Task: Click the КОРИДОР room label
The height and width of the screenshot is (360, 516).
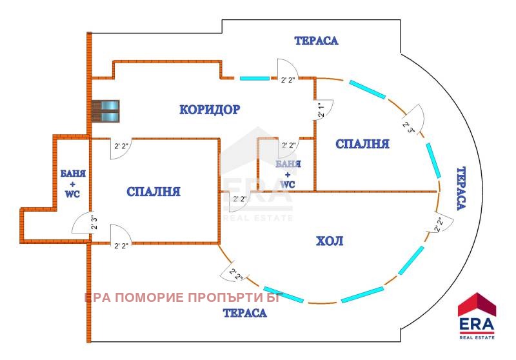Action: coord(210,110)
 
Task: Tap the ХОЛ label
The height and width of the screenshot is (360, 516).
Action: coord(329,241)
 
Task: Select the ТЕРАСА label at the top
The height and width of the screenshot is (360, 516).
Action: coord(316,41)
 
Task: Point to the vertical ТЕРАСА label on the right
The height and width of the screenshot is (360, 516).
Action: coord(462,188)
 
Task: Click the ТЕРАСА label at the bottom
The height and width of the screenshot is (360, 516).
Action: coord(245,313)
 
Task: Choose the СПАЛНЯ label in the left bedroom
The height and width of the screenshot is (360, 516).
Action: coord(154,192)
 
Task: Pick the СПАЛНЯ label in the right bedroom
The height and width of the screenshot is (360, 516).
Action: coord(362,144)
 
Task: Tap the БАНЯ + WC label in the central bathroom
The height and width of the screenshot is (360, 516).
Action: coord(288,174)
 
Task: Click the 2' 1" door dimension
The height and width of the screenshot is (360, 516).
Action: coord(321,111)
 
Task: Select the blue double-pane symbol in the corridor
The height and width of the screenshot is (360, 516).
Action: coord(105,112)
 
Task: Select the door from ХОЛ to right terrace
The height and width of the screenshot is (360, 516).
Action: coord(442,223)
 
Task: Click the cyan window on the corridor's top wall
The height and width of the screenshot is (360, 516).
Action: coord(255,79)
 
